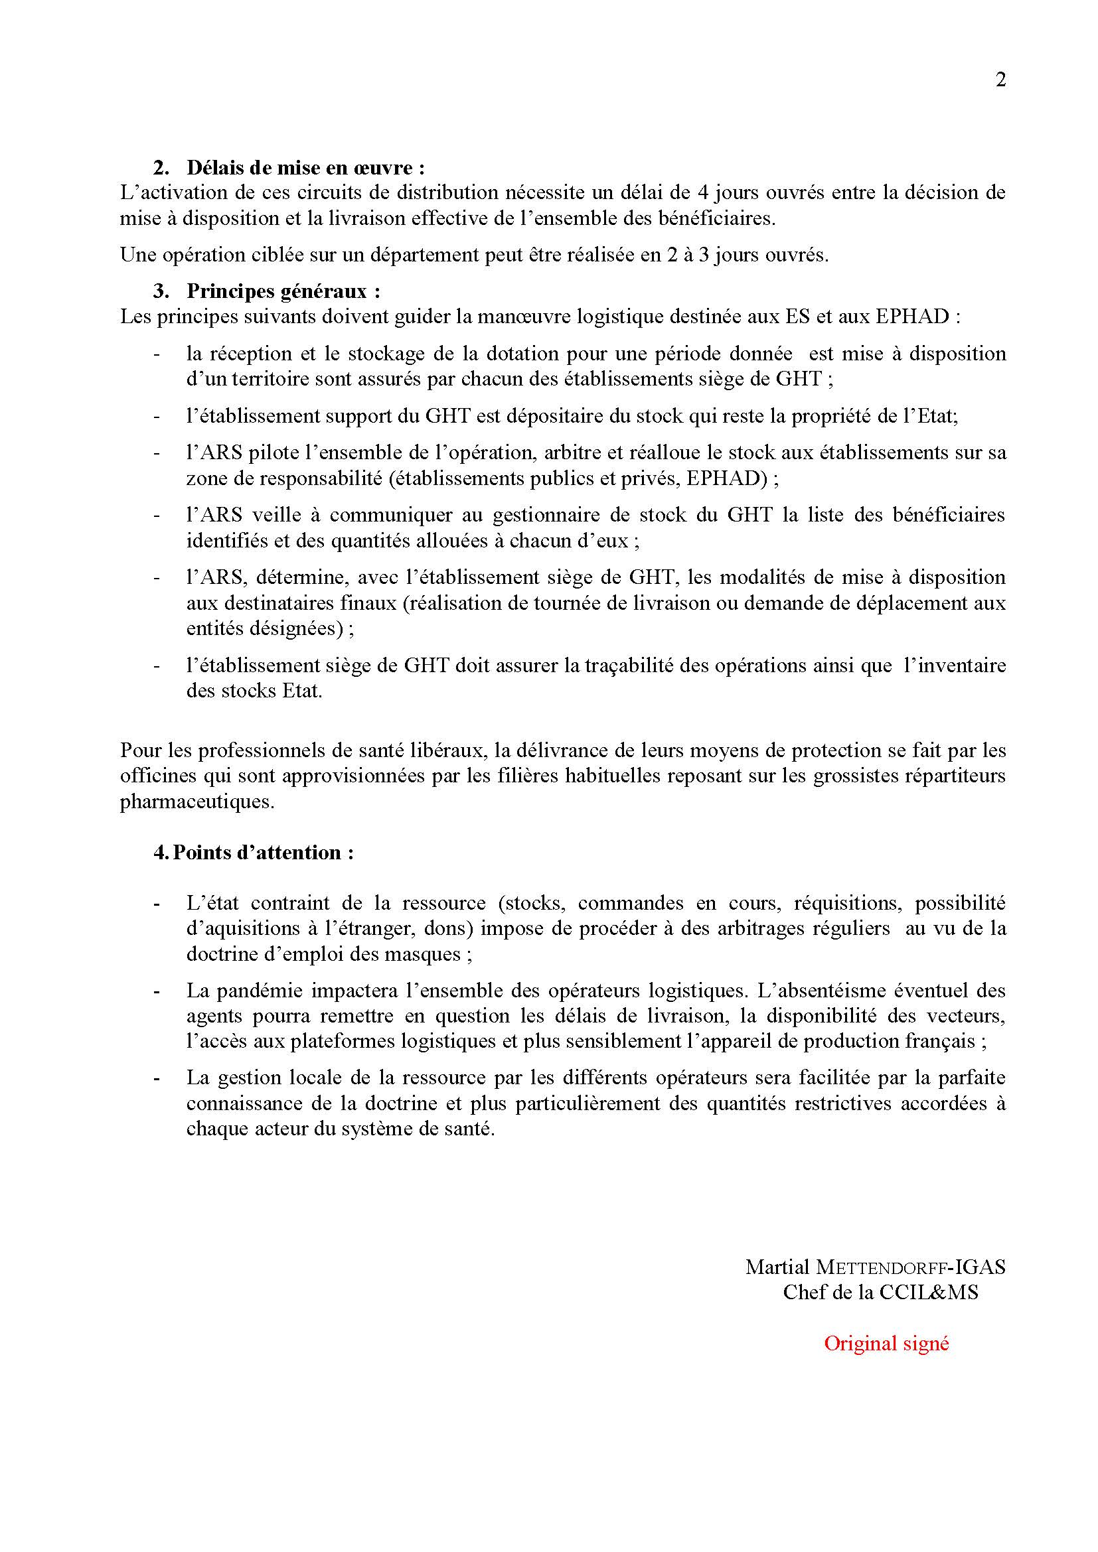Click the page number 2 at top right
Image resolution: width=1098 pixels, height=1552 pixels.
(1000, 80)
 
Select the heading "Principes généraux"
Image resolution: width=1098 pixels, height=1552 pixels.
(283, 291)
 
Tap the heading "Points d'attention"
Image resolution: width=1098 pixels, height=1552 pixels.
(262, 853)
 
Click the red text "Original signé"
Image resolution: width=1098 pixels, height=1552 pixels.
(886, 1344)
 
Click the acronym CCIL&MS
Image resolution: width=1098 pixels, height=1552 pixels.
(928, 1293)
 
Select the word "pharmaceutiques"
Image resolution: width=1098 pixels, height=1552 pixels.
(197, 802)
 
